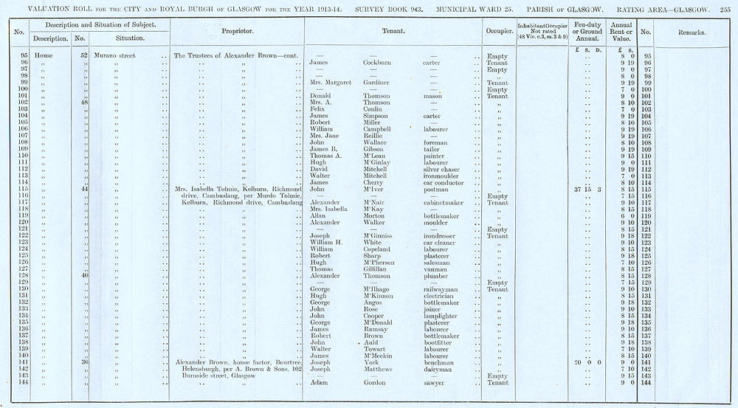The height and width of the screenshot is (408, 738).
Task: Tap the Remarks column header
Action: click(x=691, y=34)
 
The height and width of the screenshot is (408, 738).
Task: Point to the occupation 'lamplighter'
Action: click(x=443, y=316)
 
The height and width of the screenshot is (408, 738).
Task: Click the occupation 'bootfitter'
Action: click(x=440, y=342)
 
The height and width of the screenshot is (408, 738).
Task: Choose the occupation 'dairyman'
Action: click(x=439, y=369)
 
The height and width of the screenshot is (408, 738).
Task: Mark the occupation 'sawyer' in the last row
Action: click(x=435, y=383)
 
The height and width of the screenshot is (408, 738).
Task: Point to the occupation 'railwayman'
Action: click(x=443, y=289)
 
